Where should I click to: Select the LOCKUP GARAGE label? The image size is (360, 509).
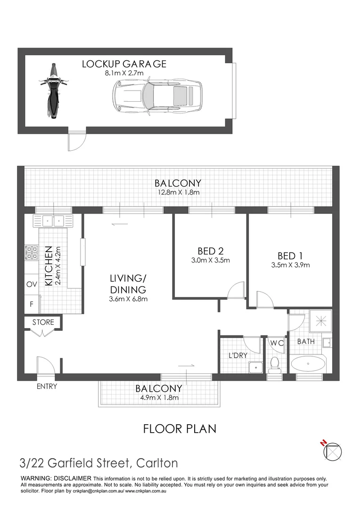[124, 64]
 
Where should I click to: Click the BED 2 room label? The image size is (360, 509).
[210, 251]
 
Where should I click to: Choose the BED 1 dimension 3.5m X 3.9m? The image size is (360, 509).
[290, 265]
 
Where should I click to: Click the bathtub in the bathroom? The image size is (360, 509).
[307, 364]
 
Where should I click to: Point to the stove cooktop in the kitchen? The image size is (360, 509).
[32, 253]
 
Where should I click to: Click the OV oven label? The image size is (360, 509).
[32, 284]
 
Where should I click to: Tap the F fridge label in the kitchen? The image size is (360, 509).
[32, 304]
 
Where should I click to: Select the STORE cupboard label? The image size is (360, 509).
[43, 322]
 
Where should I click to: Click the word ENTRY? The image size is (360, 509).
[47, 386]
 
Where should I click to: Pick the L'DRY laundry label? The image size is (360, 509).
[238, 355]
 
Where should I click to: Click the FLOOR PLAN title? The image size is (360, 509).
[180, 428]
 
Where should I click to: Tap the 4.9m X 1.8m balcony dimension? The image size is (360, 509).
[158, 398]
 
